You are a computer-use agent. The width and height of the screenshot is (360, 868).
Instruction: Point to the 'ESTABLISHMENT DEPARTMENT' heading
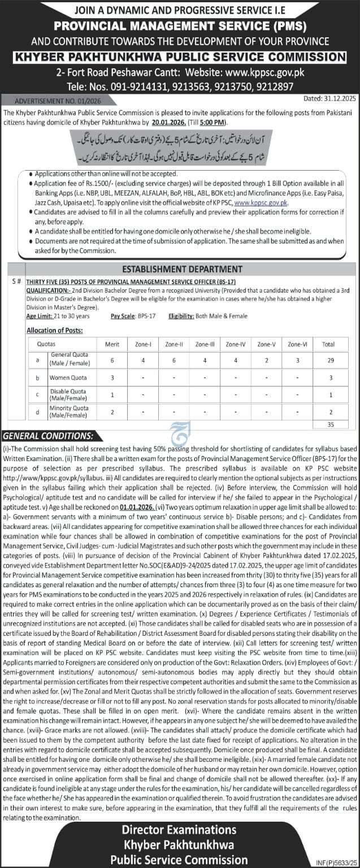click(x=183, y=269)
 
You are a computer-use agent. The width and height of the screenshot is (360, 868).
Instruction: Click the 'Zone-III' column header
click(x=203, y=343)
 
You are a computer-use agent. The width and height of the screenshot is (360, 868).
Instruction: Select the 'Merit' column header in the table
click(x=112, y=343)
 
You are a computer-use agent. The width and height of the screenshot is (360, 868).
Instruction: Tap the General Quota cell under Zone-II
click(x=173, y=359)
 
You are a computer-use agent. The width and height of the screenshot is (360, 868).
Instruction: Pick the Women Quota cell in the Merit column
click(x=112, y=377)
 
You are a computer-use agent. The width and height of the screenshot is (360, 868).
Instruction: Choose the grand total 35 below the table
click(x=331, y=423)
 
